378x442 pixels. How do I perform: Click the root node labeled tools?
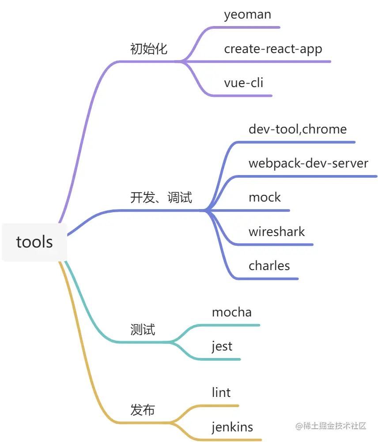point(34,242)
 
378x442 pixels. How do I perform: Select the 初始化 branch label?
point(149,49)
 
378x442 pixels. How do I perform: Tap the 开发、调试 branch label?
point(161,197)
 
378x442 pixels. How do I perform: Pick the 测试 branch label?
point(143,329)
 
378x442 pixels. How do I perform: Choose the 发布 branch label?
point(143,410)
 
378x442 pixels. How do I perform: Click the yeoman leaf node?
point(247,15)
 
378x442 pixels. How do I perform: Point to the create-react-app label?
point(273,49)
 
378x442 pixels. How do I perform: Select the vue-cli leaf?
point(243,83)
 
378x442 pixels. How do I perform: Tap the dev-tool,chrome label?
point(298,129)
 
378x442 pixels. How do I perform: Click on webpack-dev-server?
point(308,163)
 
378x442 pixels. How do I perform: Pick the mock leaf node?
point(265,197)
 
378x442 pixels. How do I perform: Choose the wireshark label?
point(276,232)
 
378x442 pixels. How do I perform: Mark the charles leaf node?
point(269,266)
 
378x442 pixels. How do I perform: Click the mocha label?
point(232,312)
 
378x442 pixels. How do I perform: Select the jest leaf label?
point(222,347)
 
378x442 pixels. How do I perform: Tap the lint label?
point(221,392)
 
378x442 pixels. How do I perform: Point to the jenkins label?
point(232,427)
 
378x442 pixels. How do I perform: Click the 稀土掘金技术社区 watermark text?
point(331,426)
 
